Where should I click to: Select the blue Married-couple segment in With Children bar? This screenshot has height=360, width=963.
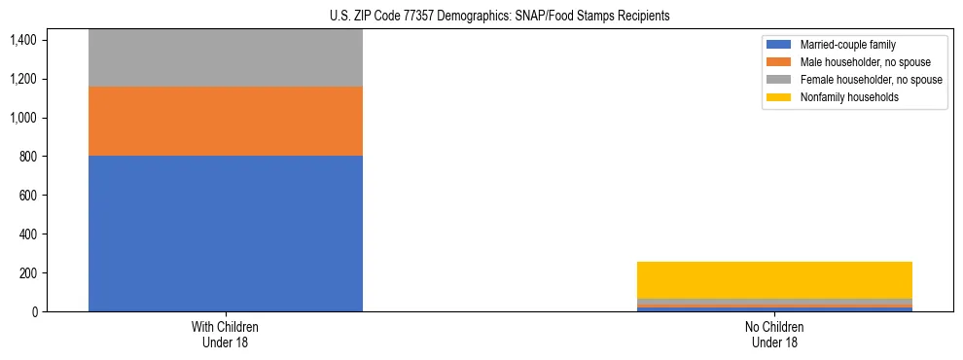[226, 234]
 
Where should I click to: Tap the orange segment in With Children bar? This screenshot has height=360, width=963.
[226, 121]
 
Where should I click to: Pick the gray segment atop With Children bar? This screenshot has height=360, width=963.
[226, 58]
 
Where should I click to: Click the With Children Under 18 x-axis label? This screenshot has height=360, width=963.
[226, 334]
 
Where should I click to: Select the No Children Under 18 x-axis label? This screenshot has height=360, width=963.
[774, 334]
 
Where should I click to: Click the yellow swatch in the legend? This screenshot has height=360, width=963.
[779, 97]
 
